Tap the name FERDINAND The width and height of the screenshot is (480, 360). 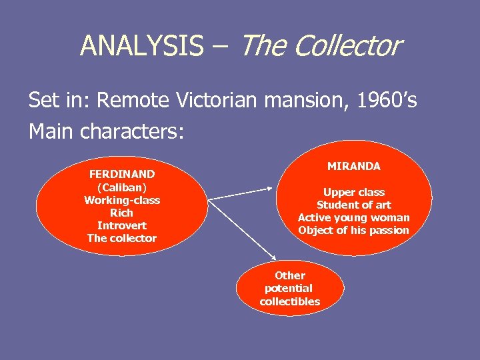(x=122, y=174)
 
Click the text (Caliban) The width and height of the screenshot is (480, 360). (x=122, y=187)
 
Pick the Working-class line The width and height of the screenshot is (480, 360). (x=122, y=200)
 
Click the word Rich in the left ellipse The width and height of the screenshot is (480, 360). (x=122, y=213)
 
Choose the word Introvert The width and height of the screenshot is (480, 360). (x=122, y=225)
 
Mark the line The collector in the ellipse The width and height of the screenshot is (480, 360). (x=122, y=238)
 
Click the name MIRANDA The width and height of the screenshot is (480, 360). (x=354, y=166)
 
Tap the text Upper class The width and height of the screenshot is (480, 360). (x=354, y=192)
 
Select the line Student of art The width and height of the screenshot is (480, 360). (x=354, y=205)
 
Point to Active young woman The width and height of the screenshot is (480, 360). (x=354, y=217)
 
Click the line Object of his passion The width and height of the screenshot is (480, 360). (x=354, y=230)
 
